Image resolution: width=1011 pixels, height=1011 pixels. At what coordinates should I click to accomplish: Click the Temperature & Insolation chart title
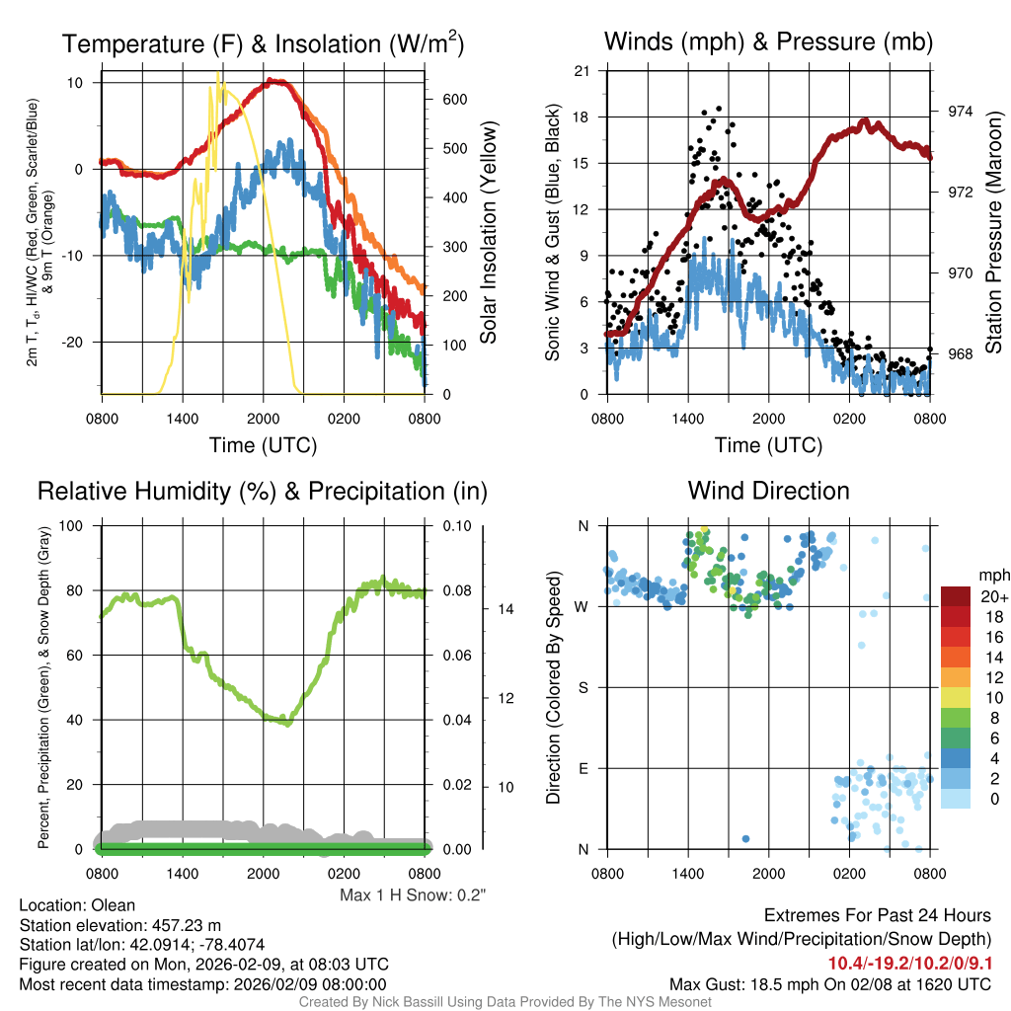point(263,43)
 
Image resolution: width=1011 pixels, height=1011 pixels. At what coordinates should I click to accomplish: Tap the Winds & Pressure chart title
point(768,41)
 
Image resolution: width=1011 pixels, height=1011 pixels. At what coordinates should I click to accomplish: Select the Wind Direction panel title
point(768,491)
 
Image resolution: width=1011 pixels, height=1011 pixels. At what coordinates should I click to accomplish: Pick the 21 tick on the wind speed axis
point(583,71)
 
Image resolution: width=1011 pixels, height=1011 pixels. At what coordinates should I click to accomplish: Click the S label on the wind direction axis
point(583,687)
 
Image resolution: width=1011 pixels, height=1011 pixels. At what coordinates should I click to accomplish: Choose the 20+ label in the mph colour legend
point(993,597)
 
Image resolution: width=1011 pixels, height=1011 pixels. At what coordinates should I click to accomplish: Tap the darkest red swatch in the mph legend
point(956,596)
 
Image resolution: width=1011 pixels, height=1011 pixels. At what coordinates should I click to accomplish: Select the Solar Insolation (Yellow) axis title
point(488,233)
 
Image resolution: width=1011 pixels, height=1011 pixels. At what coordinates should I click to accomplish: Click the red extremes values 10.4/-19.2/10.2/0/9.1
point(909,963)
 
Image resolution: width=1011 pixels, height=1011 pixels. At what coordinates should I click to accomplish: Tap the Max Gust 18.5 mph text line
point(830,983)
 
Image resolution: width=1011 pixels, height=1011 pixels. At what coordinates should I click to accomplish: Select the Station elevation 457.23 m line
point(105,925)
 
